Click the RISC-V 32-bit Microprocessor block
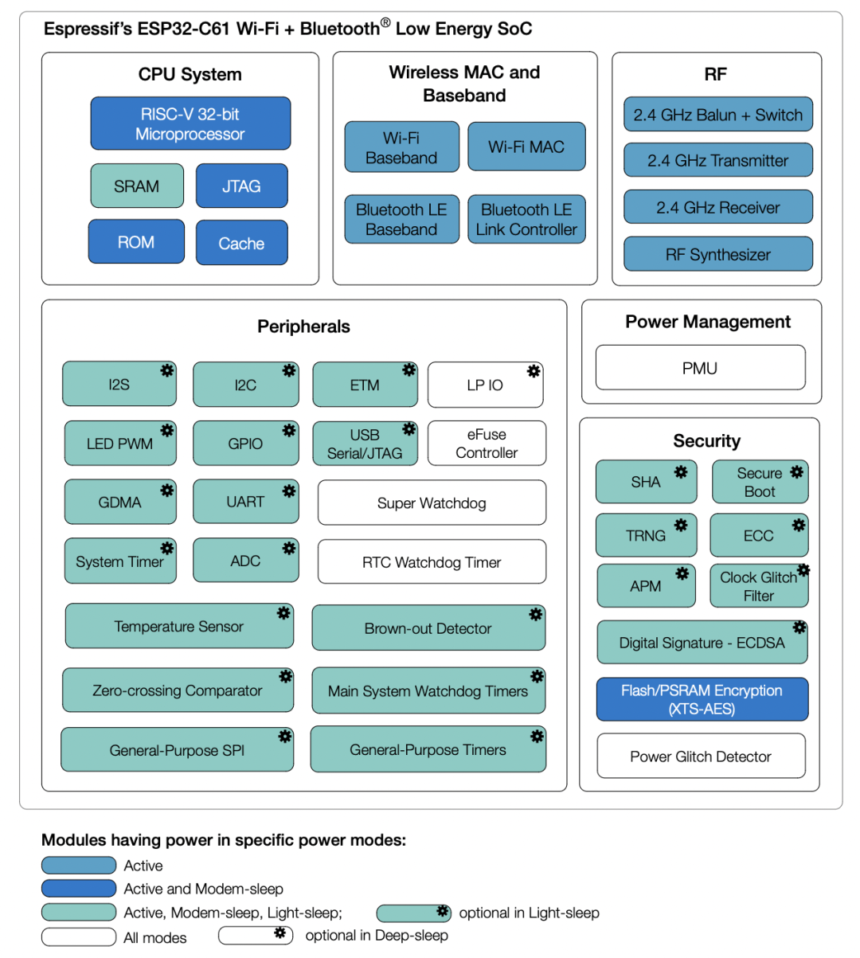(190, 123)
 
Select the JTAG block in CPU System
(241, 186)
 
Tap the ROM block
(136, 242)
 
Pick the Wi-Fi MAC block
(526, 147)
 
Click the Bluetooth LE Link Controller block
(526, 220)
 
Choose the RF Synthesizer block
(717, 255)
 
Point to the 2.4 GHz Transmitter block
(717, 161)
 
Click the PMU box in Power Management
(700, 368)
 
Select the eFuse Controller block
(487, 444)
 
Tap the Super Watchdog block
(432, 503)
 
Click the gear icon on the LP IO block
(534, 371)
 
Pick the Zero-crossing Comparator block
(178, 690)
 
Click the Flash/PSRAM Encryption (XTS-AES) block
(702, 699)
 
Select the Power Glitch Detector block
(701, 757)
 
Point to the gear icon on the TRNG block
(681, 525)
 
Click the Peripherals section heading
(303, 327)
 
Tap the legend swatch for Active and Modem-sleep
(79, 889)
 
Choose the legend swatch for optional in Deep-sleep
(256, 935)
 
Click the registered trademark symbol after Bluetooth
(385, 23)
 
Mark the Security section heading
(706, 441)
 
